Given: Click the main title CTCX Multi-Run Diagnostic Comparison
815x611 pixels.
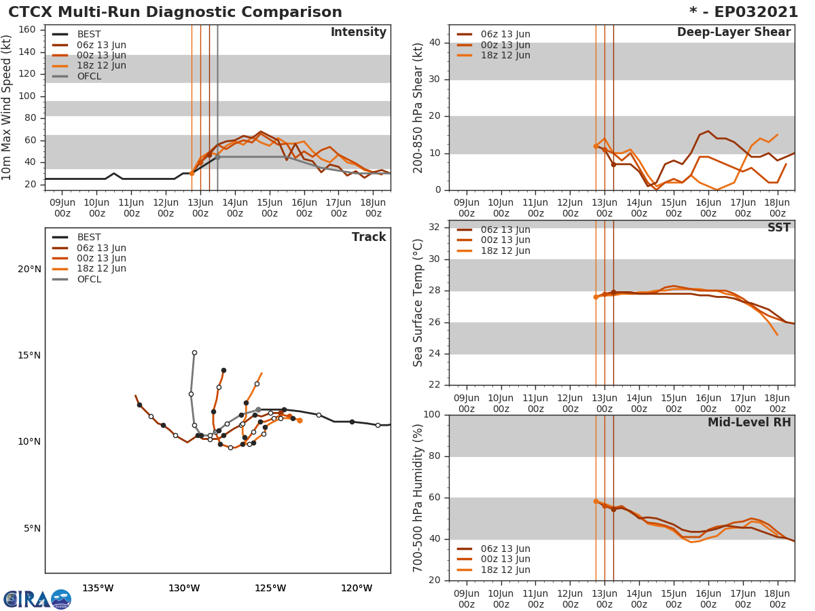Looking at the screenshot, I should pyautogui.click(x=175, y=12).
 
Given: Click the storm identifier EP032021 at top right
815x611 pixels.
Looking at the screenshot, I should pyautogui.click(x=743, y=12).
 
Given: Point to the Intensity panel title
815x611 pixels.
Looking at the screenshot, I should pyautogui.click(x=358, y=33).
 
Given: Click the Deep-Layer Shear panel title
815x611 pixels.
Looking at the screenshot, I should pyautogui.click(x=733, y=33).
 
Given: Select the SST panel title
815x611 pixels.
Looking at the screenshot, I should pyautogui.click(x=778, y=228).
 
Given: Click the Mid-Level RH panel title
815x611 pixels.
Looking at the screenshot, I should pyautogui.click(x=748, y=423).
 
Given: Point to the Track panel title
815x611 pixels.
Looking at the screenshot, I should pyautogui.click(x=368, y=237).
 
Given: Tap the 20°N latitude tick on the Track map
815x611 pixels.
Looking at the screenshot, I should pyautogui.click(x=29, y=269).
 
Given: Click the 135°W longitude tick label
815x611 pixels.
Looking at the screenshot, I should pyautogui.click(x=98, y=588).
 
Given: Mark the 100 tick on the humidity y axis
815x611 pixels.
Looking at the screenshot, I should pyautogui.click(x=432, y=415).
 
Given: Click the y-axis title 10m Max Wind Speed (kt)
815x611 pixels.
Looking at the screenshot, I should pyautogui.click(x=7, y=108).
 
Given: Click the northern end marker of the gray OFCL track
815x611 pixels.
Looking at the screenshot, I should pyautogui.click(x=194, y=353).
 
